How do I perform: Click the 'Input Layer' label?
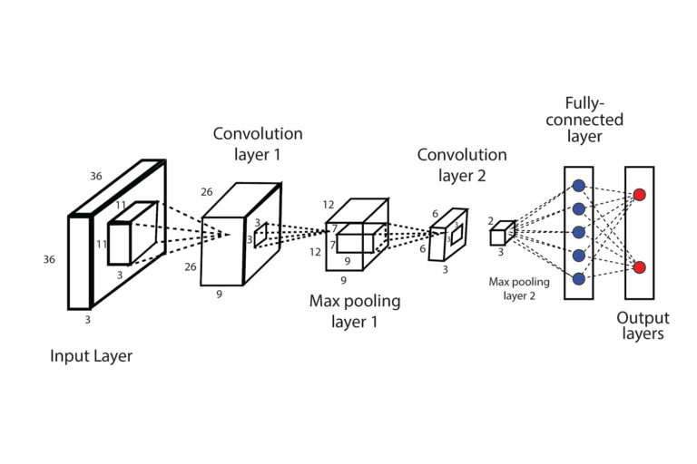point(91,356)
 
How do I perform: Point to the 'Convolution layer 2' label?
point(462,165)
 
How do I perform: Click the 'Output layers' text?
point(643,326)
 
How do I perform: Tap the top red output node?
point(639,195)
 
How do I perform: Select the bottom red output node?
point(639,267)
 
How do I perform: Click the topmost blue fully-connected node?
point(578,187)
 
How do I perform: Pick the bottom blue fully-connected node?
point(578,277)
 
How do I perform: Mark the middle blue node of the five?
point(578,232)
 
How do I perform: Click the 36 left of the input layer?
point(50,260)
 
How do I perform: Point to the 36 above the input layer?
point(96,176)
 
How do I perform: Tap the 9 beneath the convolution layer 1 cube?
point(220,294)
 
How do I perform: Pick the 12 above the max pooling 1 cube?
point(329,205)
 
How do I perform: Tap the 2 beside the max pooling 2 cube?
point(490,220)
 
